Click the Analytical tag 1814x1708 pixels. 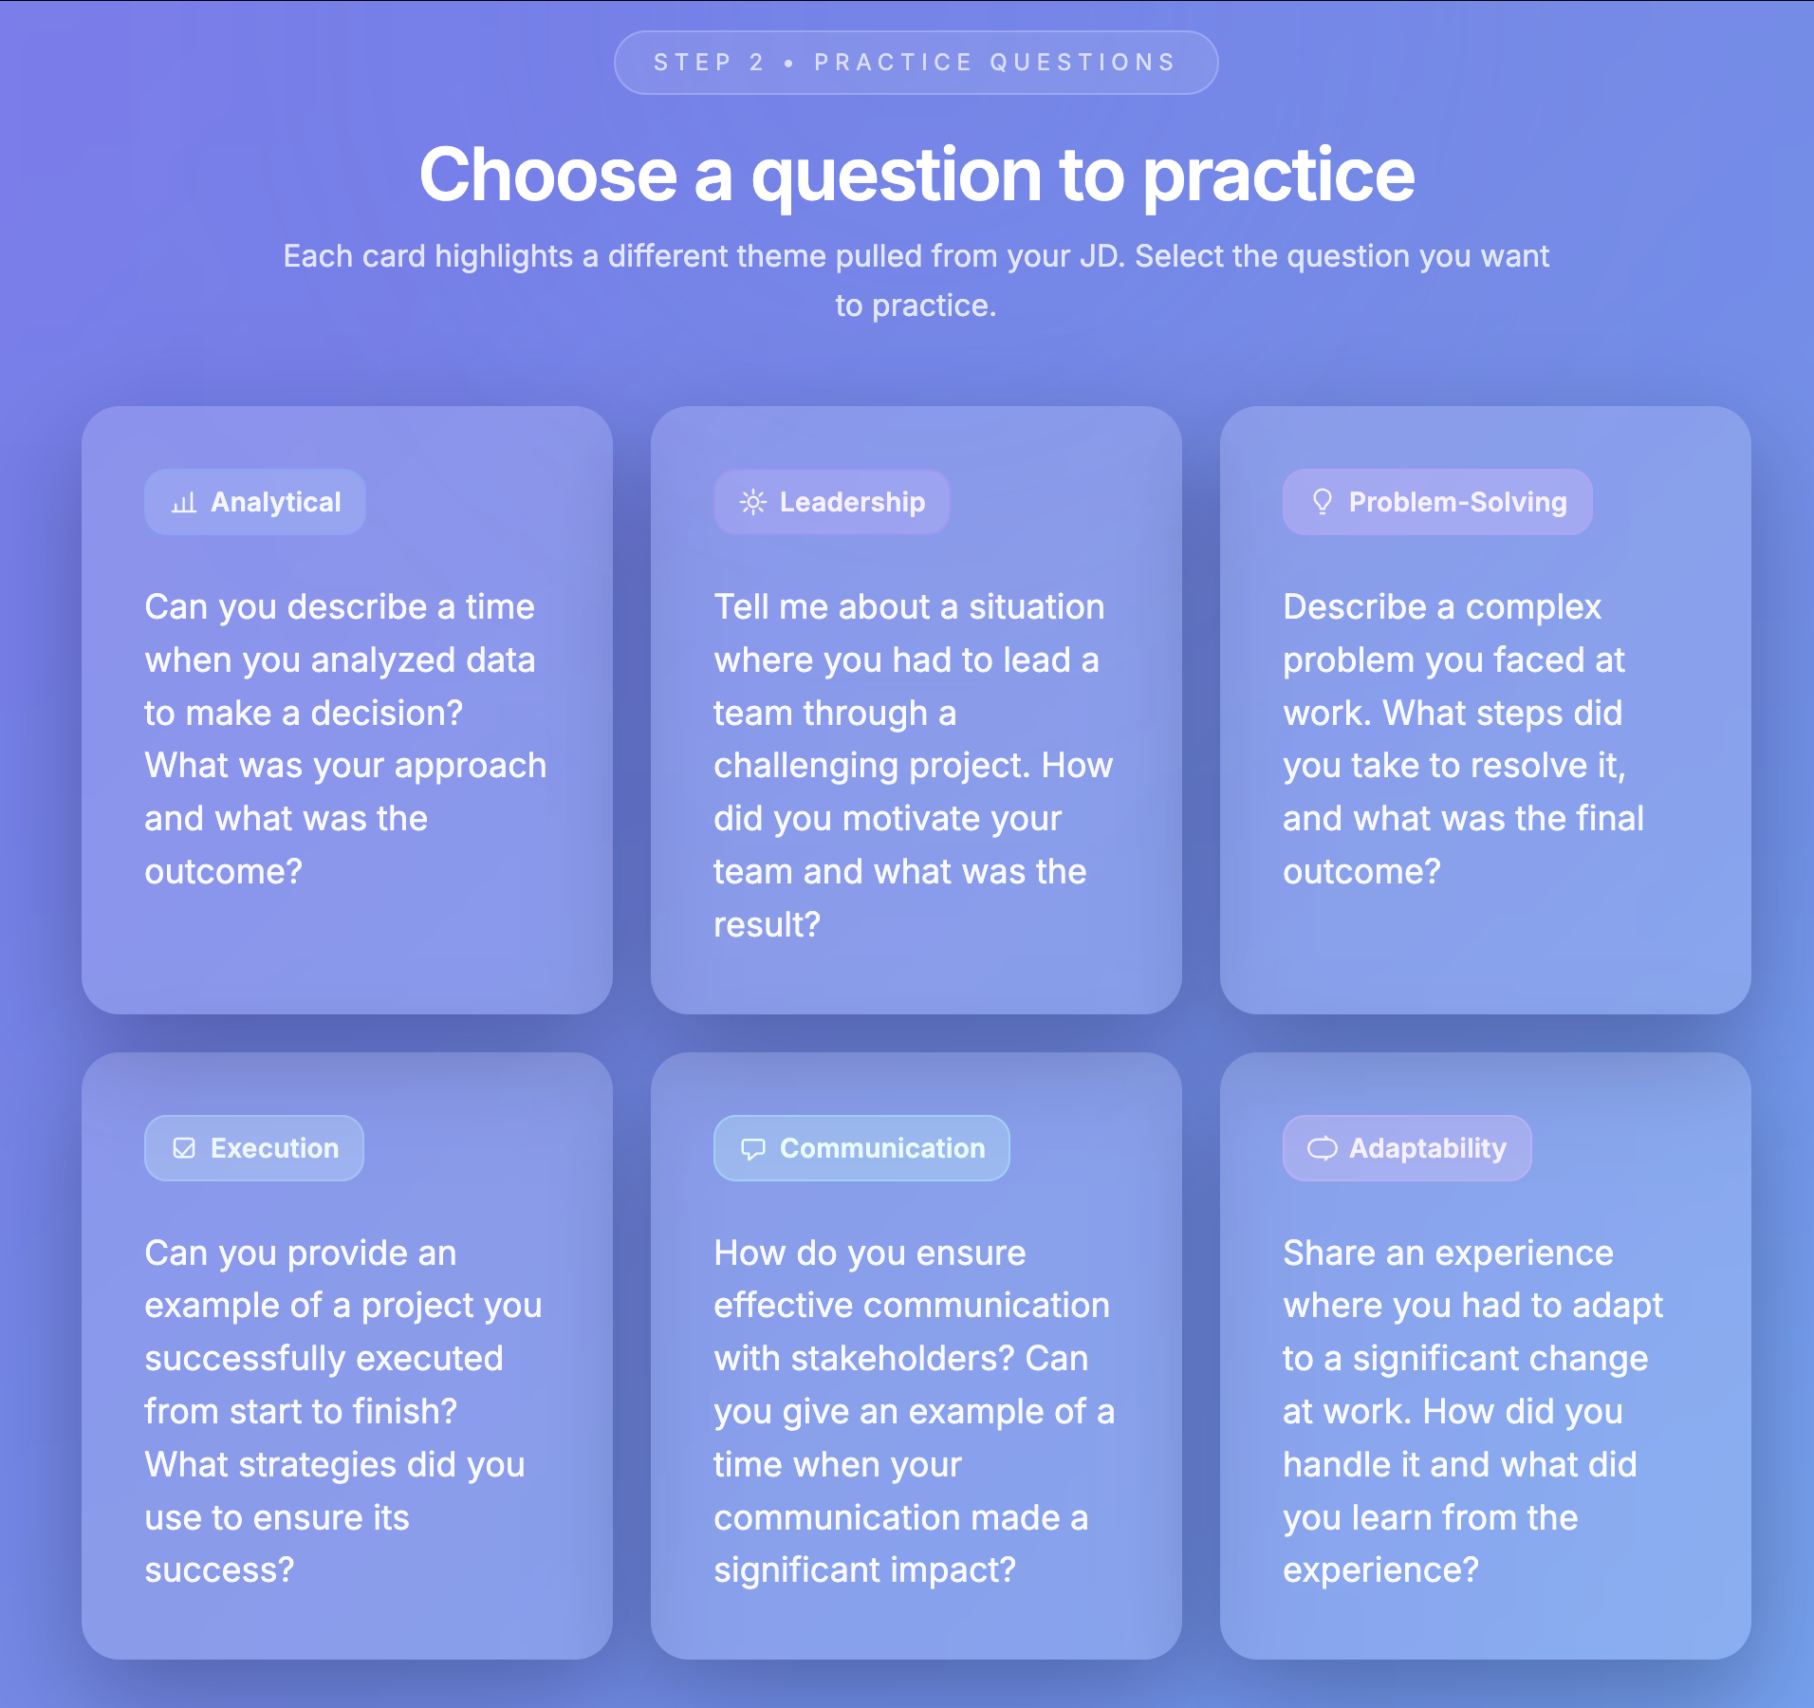coord(255,502)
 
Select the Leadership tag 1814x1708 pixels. coord(832,502)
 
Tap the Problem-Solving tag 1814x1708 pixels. coord(1437,502)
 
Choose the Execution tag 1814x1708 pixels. coord(254,1148)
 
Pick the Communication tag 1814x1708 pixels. coord(861,1148)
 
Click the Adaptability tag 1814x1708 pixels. coord(1407,1148)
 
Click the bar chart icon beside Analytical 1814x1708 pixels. coord(184,503)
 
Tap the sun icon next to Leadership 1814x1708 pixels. coord(753,502)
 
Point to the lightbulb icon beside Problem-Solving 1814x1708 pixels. coord(1323,502)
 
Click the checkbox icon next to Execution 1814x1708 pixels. coord(184,1148)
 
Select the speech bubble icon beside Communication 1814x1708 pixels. coord(753,1149)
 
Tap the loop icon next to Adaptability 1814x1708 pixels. coord(1323,1148)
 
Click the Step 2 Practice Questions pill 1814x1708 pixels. coord(916,63)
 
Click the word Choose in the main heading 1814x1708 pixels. coord(548,176)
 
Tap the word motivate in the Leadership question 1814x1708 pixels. coord(952,818)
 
